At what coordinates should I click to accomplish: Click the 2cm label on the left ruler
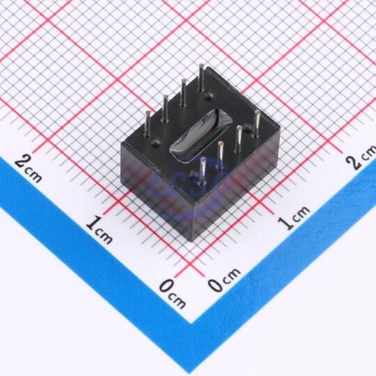[x=28, y=168]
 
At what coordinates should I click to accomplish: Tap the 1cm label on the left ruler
[x=99, y=230]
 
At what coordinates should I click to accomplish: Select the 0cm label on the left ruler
[x=172, y=293]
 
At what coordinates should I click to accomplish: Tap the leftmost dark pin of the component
[x=148, y=124]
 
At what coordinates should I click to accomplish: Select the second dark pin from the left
[x=165, y=108]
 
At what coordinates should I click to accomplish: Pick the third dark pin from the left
[x=183, y=93]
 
